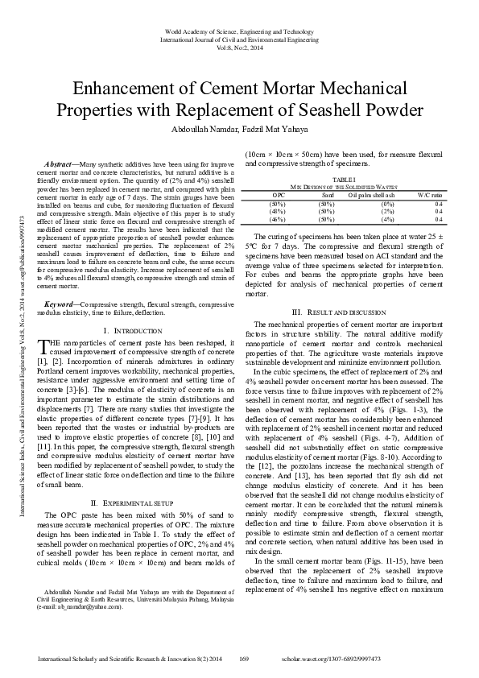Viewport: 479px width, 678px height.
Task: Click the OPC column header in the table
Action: point(279,195)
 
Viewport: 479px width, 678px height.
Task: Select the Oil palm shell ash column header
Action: point(371,195)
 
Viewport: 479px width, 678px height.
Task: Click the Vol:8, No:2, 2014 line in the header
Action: point(239,48)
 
